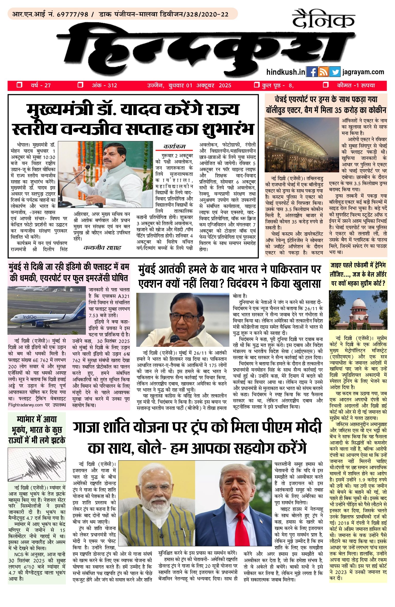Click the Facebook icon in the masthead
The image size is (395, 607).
(312, 72)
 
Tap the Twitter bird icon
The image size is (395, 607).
(335, 72)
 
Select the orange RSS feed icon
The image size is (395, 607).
(323, 72)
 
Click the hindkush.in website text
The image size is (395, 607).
(286, 72)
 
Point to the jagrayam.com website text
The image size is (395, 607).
(363, 72)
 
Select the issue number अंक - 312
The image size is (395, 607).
(104, 86)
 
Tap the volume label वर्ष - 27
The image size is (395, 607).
(41, 86)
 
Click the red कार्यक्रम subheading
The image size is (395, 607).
(174, 147)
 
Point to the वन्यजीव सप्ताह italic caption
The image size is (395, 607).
(102, 248)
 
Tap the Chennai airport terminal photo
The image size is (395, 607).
(302, 145)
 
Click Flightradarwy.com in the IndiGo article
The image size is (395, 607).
(25, 405)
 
